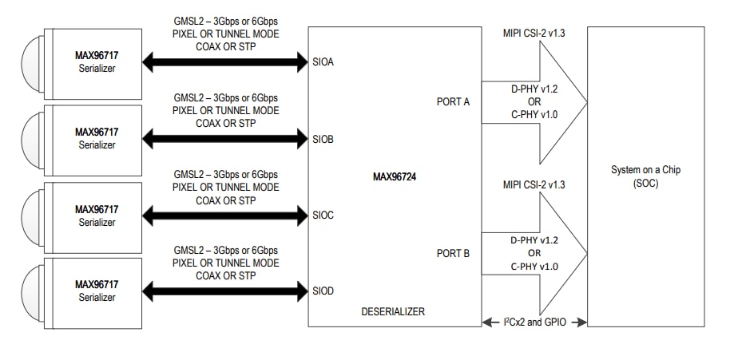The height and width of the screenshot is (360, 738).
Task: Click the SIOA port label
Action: (x=323, y=61)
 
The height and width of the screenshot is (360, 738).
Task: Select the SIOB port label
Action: (x=323, y=139)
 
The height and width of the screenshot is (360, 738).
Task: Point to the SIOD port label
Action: (x=323, y=290)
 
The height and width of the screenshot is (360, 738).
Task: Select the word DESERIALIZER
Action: (x=393, y=311)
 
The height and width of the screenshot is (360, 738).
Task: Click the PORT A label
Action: (x=454, y=101)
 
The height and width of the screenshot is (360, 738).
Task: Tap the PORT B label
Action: (x=454, y=253)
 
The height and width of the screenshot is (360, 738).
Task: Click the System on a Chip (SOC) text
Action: (x=645, y=176)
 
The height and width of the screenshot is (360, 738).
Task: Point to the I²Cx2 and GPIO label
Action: (x=534, y=321)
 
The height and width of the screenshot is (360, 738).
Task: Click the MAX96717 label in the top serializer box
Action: (x=97, y=56)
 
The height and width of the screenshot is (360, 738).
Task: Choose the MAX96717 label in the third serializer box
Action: (x=97, y=209)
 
